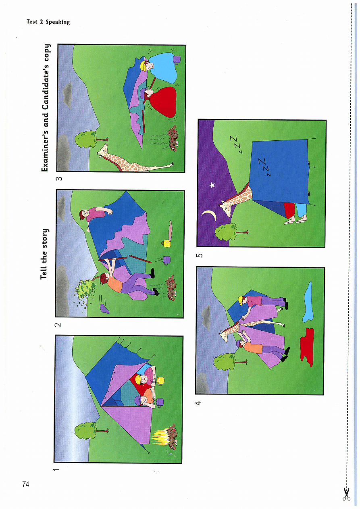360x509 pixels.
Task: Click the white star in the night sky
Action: [212, 185]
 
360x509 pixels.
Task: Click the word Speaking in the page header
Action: [58, 22]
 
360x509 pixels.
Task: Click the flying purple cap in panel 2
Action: [104, 309]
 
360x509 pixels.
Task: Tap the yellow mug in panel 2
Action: [166, 243]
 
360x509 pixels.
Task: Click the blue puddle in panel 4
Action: [308, 302]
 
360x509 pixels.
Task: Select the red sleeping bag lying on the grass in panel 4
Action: [307, 347]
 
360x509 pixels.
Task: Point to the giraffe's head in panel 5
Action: [225, 207]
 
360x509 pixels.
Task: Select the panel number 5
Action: [199, 255]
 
